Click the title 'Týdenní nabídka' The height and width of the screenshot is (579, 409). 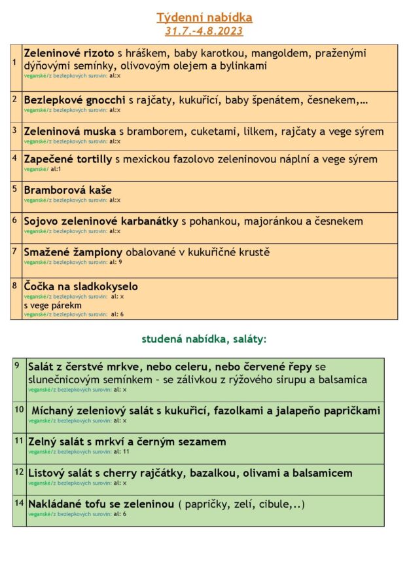[204, 18]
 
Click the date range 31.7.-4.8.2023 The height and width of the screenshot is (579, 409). [204, 31]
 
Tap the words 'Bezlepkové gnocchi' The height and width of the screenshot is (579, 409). [75, 100]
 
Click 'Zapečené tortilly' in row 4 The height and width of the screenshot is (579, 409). [68, 159]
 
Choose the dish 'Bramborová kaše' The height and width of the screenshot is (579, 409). [67, 191]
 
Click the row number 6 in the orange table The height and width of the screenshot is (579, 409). [14, 220]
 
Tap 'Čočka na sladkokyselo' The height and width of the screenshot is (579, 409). [80, 287]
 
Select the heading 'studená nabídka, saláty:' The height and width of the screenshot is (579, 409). [204, 339]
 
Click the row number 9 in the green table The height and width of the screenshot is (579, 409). [17, 364]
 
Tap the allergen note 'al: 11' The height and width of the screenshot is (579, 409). [121, 452]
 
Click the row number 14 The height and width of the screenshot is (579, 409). [18, 502]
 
